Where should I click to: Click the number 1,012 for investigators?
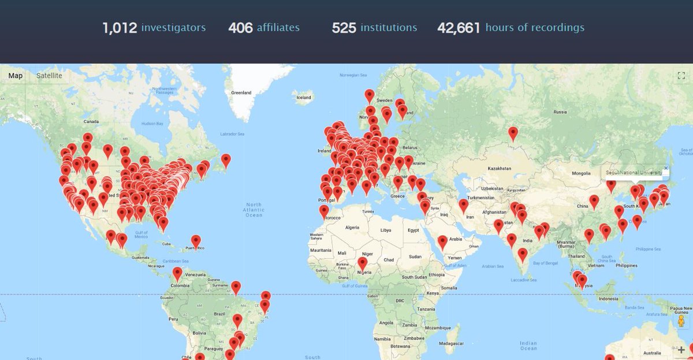pos(120,28)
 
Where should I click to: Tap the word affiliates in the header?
pos(278,27)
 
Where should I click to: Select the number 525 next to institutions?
pos(344,28)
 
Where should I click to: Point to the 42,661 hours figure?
pos(459,28)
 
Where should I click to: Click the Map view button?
pos(16,76)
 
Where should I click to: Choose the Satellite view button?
pos(49,76)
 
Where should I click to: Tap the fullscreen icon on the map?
pos(680,75)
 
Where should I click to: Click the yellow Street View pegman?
pos(681,321)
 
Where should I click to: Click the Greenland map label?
pos(241,92)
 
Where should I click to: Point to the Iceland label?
pos(303,98)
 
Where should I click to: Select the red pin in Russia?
pos(513,133)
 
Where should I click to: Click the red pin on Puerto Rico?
pos(196,240)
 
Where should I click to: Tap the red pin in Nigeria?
pos(362,263)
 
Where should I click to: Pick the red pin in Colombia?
pos(177,273)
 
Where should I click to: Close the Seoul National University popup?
pos(665,168)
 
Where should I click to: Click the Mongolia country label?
pos(581,173)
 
